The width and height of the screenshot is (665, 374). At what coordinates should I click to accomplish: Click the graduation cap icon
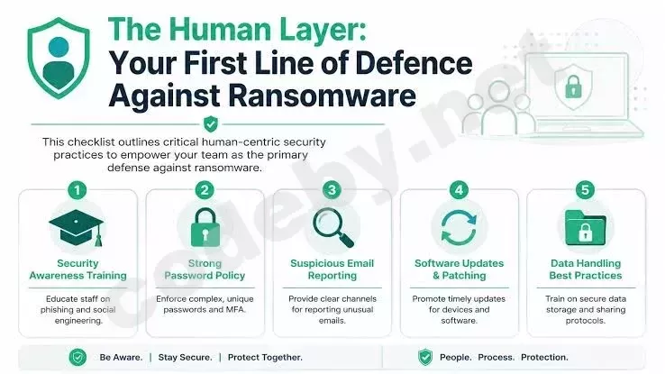[77, 227]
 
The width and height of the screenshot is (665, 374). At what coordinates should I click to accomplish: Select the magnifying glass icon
[332, 228]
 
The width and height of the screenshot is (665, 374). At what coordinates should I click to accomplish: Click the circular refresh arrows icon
[459, 228]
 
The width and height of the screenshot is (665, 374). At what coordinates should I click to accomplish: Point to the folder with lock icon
[586, 228]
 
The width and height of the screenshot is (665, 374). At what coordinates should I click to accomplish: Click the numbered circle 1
[77, 190]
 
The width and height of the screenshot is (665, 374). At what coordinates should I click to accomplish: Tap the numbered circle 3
[332, 190]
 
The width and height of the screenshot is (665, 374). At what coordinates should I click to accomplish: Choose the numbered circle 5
[586, 190]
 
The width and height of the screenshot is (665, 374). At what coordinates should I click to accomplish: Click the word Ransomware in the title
[323, 96]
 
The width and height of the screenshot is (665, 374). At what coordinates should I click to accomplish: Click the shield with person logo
[59, 59]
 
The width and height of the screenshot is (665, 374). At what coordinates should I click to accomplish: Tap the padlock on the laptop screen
[573, 87]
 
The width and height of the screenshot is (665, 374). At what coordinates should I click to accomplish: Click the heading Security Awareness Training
[78, 269]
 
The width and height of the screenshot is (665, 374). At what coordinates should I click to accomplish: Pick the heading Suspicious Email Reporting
[332, 269]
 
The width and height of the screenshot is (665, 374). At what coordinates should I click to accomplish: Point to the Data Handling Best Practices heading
[586, 269]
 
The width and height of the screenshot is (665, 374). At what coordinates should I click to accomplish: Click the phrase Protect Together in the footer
[265, 358]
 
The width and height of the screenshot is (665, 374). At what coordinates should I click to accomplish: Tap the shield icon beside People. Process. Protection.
[425, 357]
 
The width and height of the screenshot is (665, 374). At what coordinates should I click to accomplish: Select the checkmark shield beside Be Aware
[77, 358]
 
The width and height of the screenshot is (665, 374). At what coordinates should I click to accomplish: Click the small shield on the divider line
[211, 124]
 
